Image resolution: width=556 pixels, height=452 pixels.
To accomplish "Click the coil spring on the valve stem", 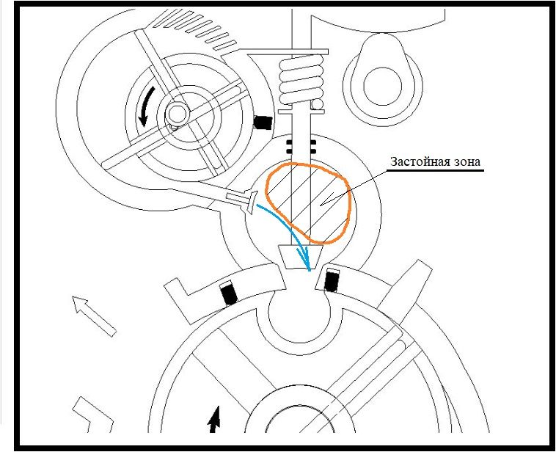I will tap(301, 79).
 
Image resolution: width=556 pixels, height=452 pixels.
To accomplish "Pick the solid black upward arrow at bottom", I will tap(214, 420).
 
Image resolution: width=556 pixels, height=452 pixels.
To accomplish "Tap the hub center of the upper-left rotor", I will tap(176, 114).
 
